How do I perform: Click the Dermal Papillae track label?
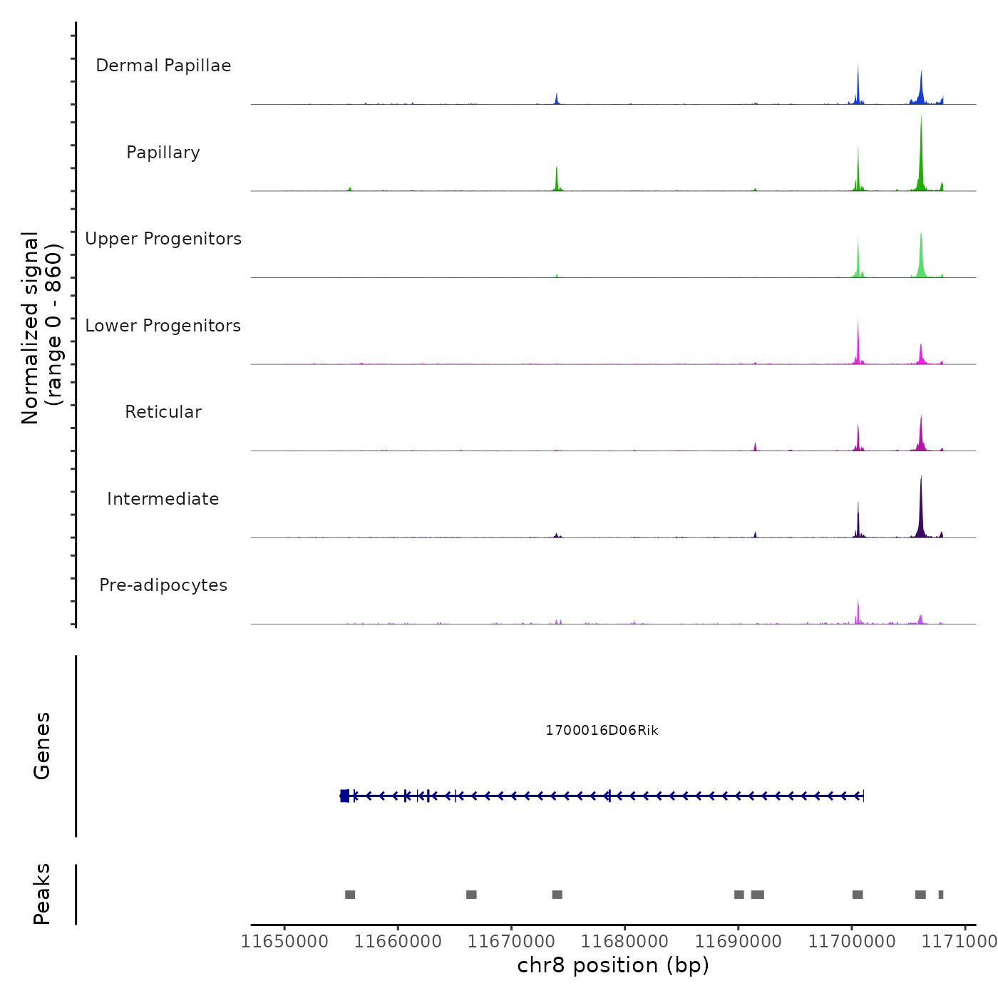click(x=163, y=66)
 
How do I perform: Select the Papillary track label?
click(x=163, y=153)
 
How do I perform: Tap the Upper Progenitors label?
click(x=163, y=239)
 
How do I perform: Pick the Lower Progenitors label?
click(x=163, y=326)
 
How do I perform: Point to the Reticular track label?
click(x=163, y=412)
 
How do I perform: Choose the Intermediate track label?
click(x=163, y=499)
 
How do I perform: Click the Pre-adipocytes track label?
click(x=163, y=585)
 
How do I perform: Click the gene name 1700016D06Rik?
click(x=602, y=731)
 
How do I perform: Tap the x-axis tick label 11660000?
click(x=398, y=942)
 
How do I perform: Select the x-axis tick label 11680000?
click(x=624, y=942)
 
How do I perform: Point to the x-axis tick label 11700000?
click(x=851, y=942)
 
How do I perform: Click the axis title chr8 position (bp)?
click(x=613, y=965)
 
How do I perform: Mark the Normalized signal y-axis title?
click(x=41, y=328)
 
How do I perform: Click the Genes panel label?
click(x=42, y=746)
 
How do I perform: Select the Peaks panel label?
click(x=42, y=894)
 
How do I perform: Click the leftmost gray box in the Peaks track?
click(x=350, y=895)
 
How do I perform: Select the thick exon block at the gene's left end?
click(x=345, y=796)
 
